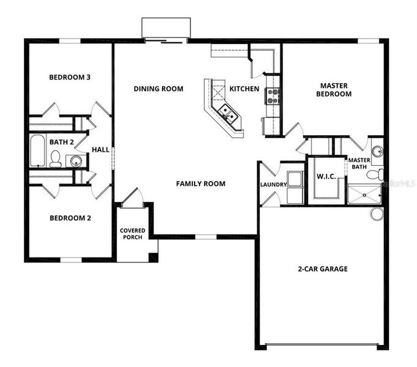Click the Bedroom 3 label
[x=70, y=78]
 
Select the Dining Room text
[x=159, y=89]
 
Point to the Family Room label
[x=200, y=183]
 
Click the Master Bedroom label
[x=334, y=90]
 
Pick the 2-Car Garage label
[x=323, y=269]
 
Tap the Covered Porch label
[x=132, y=234]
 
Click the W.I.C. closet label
[x=325, y=177]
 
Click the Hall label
[x=100, y=149]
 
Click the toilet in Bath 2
[x=55, y=160]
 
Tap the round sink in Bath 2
[x=75, y=161]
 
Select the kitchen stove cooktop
[x=272, y=95]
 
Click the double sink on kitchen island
[x=227, y=113]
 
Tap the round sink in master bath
[x=377, y=150]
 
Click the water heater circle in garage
[x=377, y=213]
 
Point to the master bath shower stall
[x=364, y=195]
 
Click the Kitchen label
[x=244, y=89]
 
